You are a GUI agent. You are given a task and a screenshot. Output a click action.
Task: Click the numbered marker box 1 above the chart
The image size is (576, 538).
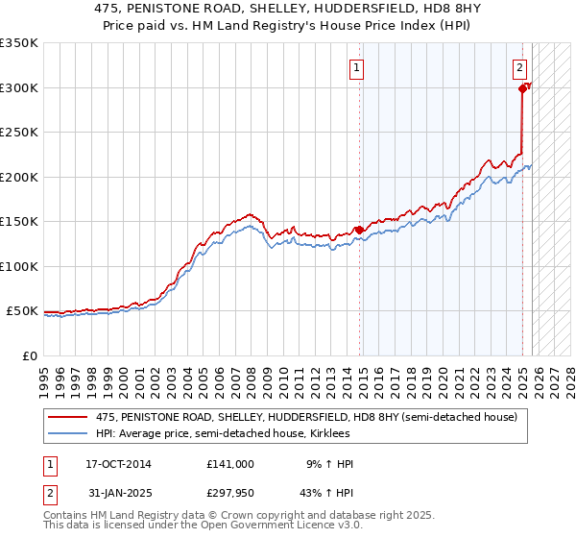tap(356, 67)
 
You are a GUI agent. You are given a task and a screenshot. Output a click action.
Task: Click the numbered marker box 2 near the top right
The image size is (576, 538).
tap(519, 67)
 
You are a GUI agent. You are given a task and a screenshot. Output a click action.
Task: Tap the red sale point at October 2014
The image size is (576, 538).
tap(360, 230)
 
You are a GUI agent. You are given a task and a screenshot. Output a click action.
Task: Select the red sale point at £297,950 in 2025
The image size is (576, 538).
tap(523, 88)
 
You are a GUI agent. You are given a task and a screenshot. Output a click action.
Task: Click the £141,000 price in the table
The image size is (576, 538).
tap(229, 464)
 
